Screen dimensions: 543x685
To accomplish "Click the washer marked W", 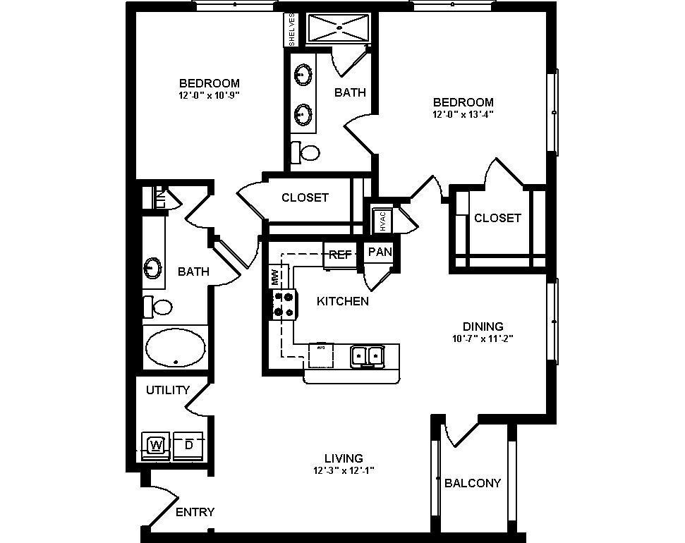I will [x=156, y=446].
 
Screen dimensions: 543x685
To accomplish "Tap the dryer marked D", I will [x=188, y=446].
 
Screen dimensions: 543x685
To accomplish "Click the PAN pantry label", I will [x=380, y=252].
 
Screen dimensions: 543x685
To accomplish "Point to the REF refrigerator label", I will [x=340, y=255].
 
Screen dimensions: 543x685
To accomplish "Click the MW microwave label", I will [x=274, y=276].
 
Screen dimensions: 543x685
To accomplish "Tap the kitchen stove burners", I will [x=283, y=304].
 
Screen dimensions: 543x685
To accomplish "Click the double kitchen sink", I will [x=367, y=356].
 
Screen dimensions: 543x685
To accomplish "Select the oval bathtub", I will [x=175, y=347].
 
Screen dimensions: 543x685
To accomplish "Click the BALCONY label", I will [x=473, y=483].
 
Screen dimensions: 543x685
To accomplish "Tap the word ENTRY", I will [x=195, y=512].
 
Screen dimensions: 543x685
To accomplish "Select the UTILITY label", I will [x=168, y=390].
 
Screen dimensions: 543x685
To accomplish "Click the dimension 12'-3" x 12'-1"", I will [x=344, y=471].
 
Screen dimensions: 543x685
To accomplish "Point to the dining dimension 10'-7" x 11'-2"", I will [x=483, y=338].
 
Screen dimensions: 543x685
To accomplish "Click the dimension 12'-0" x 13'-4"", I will [x=463, y=114].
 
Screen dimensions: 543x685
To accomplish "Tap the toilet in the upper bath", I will [x=306, y=152].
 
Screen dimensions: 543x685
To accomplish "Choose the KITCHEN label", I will [x=343, y=301].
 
